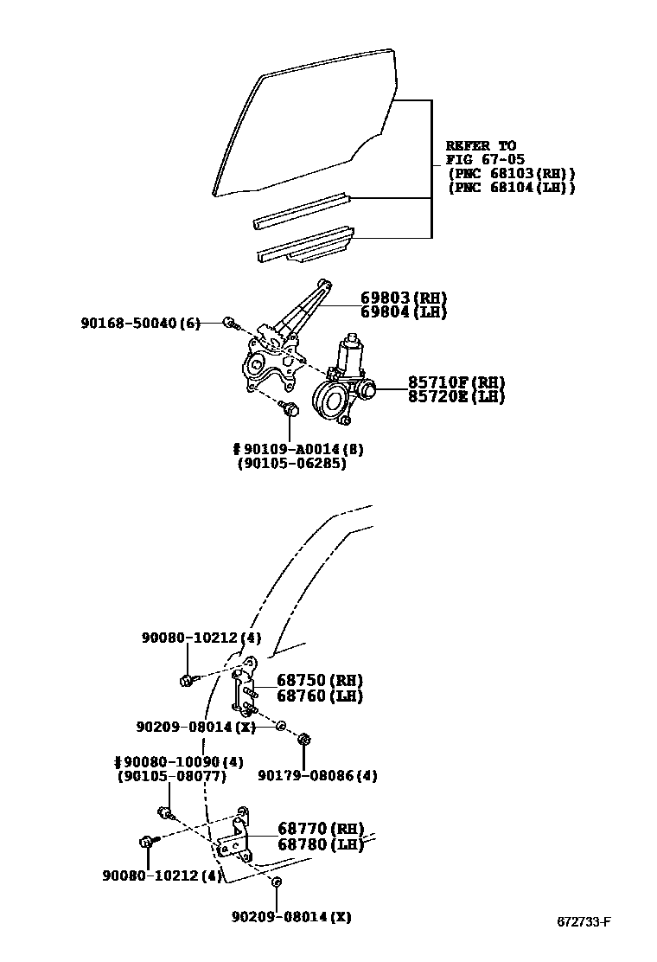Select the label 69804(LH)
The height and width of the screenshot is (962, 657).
[x=403, y=312]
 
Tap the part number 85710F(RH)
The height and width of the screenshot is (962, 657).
[x=456, y=382]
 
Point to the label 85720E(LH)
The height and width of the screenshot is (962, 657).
[x=456, y=397]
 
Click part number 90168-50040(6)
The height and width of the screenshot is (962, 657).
[x=140, y=324]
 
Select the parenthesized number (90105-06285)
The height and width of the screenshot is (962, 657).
[x=291, y=464]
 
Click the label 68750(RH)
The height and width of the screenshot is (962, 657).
[x=319, y=680]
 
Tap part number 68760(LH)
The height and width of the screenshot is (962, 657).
[x=319, y=696]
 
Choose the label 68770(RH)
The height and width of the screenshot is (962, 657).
[x=320, y=828]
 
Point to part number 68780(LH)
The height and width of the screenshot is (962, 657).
[x=320, y=843]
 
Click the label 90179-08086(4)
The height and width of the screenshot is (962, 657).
[x=317, y=776]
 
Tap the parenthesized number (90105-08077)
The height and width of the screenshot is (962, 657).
[x=171, y=776]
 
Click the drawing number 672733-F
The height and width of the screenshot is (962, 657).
[x=584, y=921]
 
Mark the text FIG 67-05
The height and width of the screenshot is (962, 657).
[x=481, y=159]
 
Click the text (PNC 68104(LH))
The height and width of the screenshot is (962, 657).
[x=511, y=188]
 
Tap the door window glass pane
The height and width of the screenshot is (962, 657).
[x=303, y=121]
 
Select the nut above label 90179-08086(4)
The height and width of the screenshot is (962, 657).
[x=303, y=740]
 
